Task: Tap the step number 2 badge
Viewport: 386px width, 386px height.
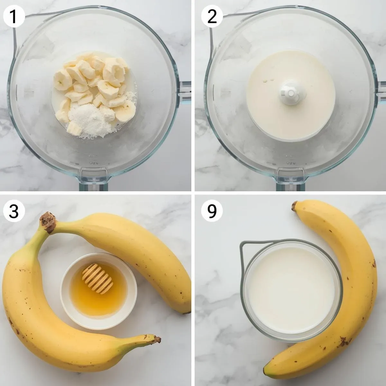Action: pyautogui.click(x=212, y=17)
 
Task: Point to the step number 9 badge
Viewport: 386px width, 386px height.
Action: pyautogui.click(x=212, y=210)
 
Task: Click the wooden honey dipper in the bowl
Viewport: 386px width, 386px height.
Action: pyautogui.click(x=97, y=279)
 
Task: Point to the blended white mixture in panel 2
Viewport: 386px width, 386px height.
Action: pyautogui.click(x=291, y=95)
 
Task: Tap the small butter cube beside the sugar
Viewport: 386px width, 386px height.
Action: pyautogui.click(x=74, y=128)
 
